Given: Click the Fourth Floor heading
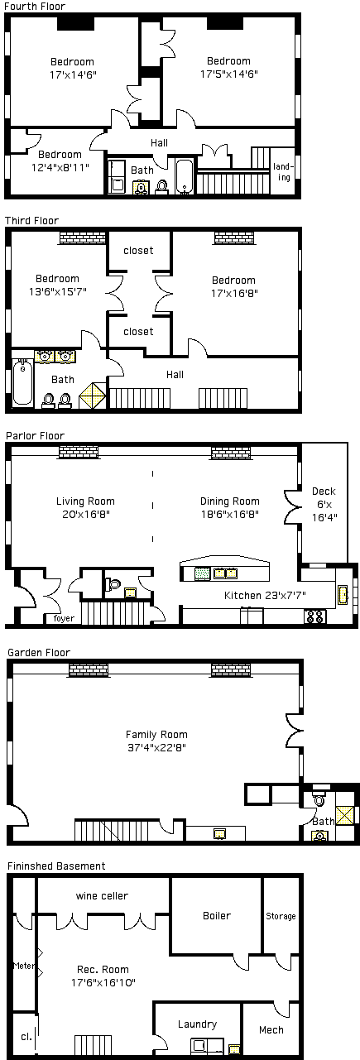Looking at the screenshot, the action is coord(35,7).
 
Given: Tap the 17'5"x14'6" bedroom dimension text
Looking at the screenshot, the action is coord(229,74).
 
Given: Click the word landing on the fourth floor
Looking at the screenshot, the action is coord(284,172).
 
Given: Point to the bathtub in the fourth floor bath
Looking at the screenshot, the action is coord(184,177).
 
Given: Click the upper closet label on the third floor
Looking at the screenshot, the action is coord(138,251).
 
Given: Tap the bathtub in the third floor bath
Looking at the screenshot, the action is coord(22,382).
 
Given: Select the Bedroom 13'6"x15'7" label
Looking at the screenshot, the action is coord(58,285).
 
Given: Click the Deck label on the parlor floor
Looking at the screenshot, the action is coord(324,492).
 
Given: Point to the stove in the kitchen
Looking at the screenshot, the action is coord(315,616).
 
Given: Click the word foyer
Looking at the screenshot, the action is coord(64,618).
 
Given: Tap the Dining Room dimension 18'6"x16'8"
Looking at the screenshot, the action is coord(230,515).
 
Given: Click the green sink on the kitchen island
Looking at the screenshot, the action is coord(202,573).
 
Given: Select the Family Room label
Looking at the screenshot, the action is coord(156,735).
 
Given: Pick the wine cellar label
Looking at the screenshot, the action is coord(102,896).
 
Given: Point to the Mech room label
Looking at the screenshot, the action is coord(271,1029).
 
